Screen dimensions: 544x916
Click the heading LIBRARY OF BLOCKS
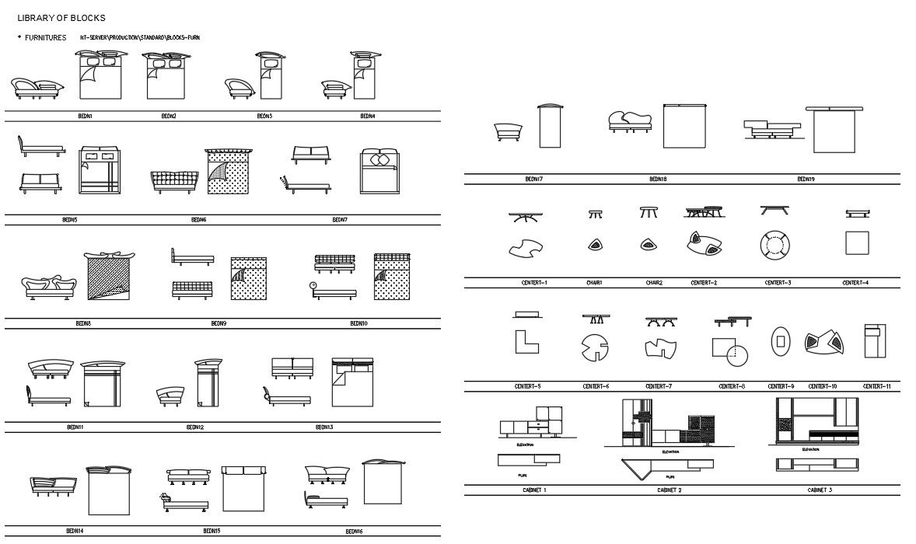[61, 18]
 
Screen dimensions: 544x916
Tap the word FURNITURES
[46, 37]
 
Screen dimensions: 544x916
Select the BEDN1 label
[85, 116]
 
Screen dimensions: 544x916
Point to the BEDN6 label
[199, 220]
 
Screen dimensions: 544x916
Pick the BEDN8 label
[84, 323]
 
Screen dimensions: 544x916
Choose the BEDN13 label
[324, 427]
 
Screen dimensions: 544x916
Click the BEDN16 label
[354, 532]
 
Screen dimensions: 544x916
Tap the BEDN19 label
[806, 179]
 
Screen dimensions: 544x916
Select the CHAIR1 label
[595, 283]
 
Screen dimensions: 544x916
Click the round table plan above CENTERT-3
[775, 245]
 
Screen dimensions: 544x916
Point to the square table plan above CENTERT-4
[857, 243]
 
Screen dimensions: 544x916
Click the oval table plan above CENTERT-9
[781, 341]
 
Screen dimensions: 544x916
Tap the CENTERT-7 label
[659, 386]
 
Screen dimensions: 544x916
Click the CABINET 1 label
[534, 490]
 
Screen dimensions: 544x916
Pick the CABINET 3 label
[820, 490]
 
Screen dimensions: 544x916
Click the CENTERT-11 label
[877, 386]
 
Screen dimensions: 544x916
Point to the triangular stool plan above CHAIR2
[648, 245]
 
